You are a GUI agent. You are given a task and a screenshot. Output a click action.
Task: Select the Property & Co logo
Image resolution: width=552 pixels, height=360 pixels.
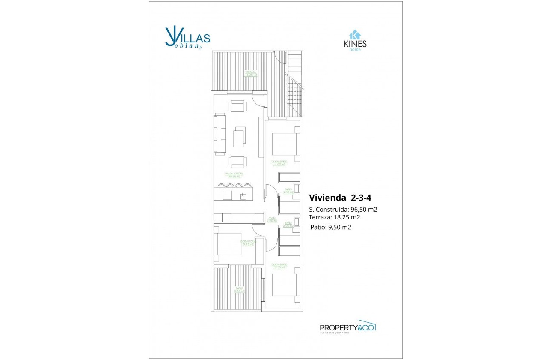[x=347, y=327]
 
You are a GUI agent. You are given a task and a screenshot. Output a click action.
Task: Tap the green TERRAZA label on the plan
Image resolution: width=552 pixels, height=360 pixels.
[x=250, y=73]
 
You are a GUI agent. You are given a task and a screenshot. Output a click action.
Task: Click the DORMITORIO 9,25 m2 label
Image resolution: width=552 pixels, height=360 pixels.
[x=248, y=243]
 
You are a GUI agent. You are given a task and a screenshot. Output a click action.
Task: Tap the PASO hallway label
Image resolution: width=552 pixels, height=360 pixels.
[x=272, y=219]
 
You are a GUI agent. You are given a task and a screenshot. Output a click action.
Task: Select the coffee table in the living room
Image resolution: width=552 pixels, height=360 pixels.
[x=240, y=137]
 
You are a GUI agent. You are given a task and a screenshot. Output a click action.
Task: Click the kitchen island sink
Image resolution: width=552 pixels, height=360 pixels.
[x=243, y=196]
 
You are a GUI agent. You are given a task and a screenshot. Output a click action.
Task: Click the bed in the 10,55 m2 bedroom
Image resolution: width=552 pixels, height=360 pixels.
[x=285, y=284]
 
